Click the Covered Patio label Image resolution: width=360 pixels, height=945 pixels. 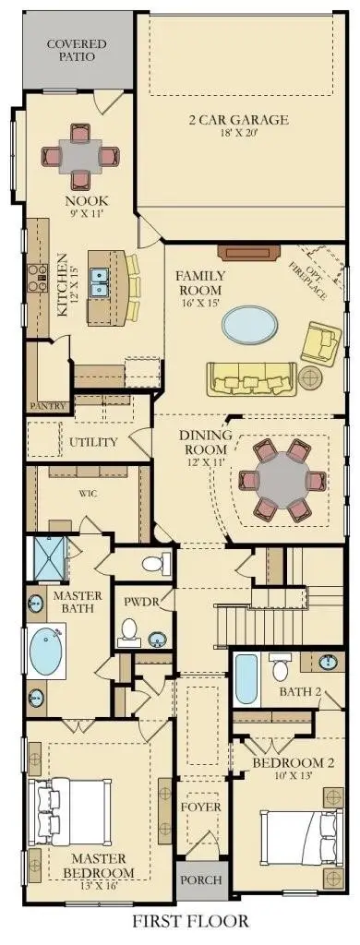point(77,50)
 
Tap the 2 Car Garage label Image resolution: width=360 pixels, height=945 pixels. point(238,119)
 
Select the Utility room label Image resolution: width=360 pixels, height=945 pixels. point(93,442)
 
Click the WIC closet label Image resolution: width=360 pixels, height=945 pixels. point(88,494)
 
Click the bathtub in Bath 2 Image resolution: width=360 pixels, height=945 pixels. point(246,680)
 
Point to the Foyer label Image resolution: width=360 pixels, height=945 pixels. point(201,807)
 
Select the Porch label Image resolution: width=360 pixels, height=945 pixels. point(201,879)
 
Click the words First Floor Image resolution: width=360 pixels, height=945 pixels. point(190,921)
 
